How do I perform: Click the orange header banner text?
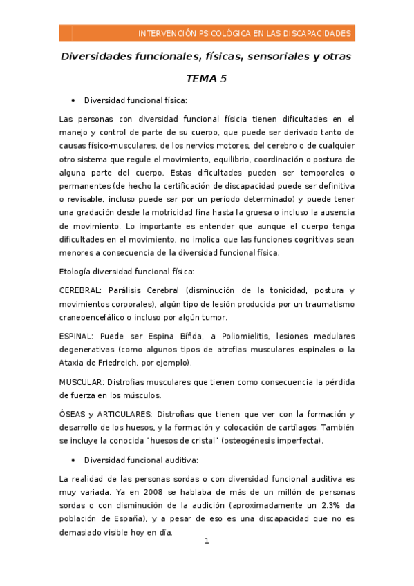tap(245, 33)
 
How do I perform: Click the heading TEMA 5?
tap(206, 79)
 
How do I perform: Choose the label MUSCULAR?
tap(82, 381)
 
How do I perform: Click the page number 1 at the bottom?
tap(207, 541)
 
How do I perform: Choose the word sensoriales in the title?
tap(272, 56)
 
